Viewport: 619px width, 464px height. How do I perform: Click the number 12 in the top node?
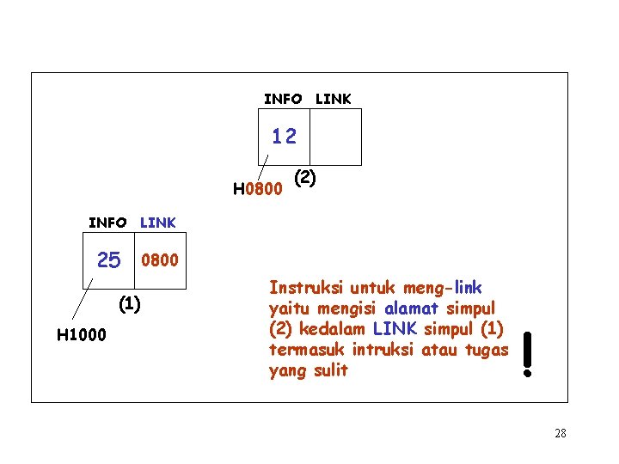point(284,136)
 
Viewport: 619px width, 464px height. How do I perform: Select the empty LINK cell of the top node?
point(335,137)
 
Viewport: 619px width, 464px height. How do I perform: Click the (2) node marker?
point(305,178)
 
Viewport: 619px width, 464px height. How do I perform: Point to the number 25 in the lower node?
point(109,259)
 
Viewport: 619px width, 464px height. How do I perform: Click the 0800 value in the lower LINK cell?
point(160,259)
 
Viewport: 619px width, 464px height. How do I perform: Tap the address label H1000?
point(81,334)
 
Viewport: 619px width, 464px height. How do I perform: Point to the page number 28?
point(560,434)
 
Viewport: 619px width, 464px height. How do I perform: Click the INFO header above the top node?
point(283,100)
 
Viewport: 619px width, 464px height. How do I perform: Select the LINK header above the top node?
point(333,100)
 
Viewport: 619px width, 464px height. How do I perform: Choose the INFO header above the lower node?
point(107,223)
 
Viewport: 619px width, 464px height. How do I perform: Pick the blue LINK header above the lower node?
point(158,223)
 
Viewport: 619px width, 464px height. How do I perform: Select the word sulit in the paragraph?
point(331,370)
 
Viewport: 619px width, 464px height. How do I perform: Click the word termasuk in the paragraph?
point(303,350)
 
